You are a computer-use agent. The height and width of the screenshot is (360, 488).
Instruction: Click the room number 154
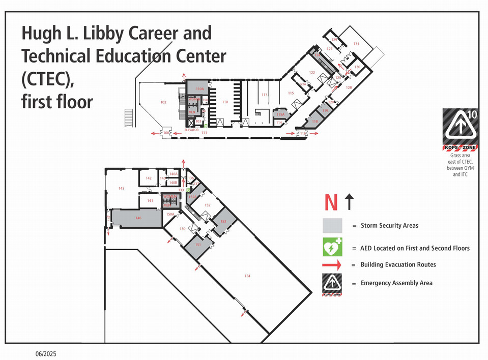(x=247, y=276)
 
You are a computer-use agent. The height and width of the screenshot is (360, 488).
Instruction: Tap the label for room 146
(x=138, y=218)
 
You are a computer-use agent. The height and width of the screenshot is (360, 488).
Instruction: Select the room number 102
(x=163, y=102)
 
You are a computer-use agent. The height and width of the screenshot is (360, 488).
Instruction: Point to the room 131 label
(x=356, y=44)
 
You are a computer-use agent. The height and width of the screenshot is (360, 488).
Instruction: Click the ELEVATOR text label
(x=191, y=130)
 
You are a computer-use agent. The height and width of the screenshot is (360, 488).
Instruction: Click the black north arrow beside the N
(x=349, y=202)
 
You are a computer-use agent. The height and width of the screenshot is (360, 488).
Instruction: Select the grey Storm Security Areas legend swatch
(x=332, y=225)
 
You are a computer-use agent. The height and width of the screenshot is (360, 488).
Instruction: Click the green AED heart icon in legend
(x=332, y=248)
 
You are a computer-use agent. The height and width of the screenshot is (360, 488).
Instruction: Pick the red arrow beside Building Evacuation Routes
(x=332, y=265)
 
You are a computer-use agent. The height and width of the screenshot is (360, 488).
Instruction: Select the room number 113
(x=264, y=95)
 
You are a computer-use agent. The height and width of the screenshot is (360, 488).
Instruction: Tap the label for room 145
(x=121, y=189)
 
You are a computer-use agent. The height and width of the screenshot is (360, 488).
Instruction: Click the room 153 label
(x=223, y=222)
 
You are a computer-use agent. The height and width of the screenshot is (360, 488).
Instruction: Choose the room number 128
(x=349, y=88)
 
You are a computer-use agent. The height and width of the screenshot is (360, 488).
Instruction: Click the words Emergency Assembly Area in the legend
(x=396, y=283)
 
